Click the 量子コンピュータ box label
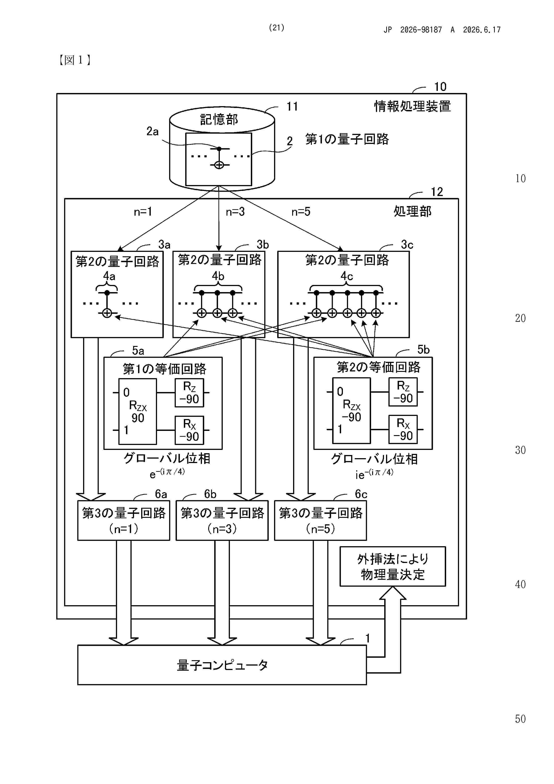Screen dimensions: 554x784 [x=222, y=665]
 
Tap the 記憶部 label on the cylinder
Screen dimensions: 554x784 [x=219, y=119]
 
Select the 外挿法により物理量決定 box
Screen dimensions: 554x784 [x=392, y=567]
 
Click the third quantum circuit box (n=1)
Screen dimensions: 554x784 [x=124, y=520]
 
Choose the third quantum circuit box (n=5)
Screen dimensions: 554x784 [x=321, y=520]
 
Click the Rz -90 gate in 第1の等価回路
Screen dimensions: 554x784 [x=189, y=393]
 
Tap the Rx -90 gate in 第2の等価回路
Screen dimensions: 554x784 [x=403, y=430]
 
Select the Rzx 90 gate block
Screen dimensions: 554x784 [x=138, y=411]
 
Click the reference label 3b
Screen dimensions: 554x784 [x=263, y=244]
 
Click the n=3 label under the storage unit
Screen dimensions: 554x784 [x=235, y=212]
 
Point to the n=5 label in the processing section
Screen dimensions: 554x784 [x=301, y=212]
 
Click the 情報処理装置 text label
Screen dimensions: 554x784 [x=412, y=106]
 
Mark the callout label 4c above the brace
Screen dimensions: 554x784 [x=347, y=276]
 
